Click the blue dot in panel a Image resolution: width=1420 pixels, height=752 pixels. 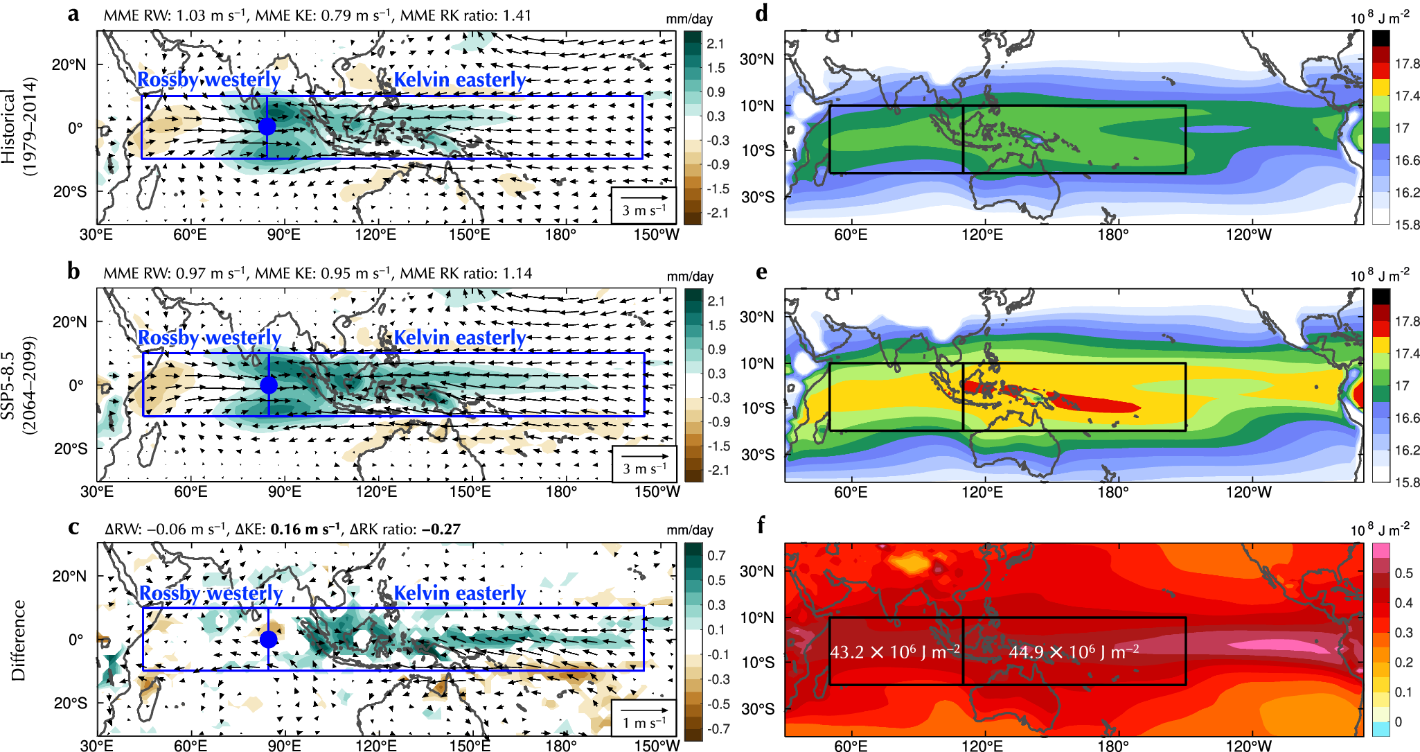[267, 127]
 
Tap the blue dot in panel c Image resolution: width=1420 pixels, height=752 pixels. [269, 639]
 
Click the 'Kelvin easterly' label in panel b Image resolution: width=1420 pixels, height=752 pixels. [460, 338]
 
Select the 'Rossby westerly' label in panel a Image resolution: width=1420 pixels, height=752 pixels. [208, 80]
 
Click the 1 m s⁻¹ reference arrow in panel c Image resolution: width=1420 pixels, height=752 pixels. [644, 710]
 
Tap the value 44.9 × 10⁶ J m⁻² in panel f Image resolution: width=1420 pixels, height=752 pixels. [1073, 652]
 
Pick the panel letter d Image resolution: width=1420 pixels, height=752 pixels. [761, 13]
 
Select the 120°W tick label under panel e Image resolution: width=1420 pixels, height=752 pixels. [1249, 492]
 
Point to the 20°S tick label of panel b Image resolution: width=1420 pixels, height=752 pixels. [70, 448]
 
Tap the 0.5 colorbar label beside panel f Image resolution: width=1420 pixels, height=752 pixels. [1403, 573]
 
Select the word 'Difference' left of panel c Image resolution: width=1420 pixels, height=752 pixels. [19, 640]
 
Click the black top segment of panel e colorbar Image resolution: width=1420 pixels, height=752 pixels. [1381, 296]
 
